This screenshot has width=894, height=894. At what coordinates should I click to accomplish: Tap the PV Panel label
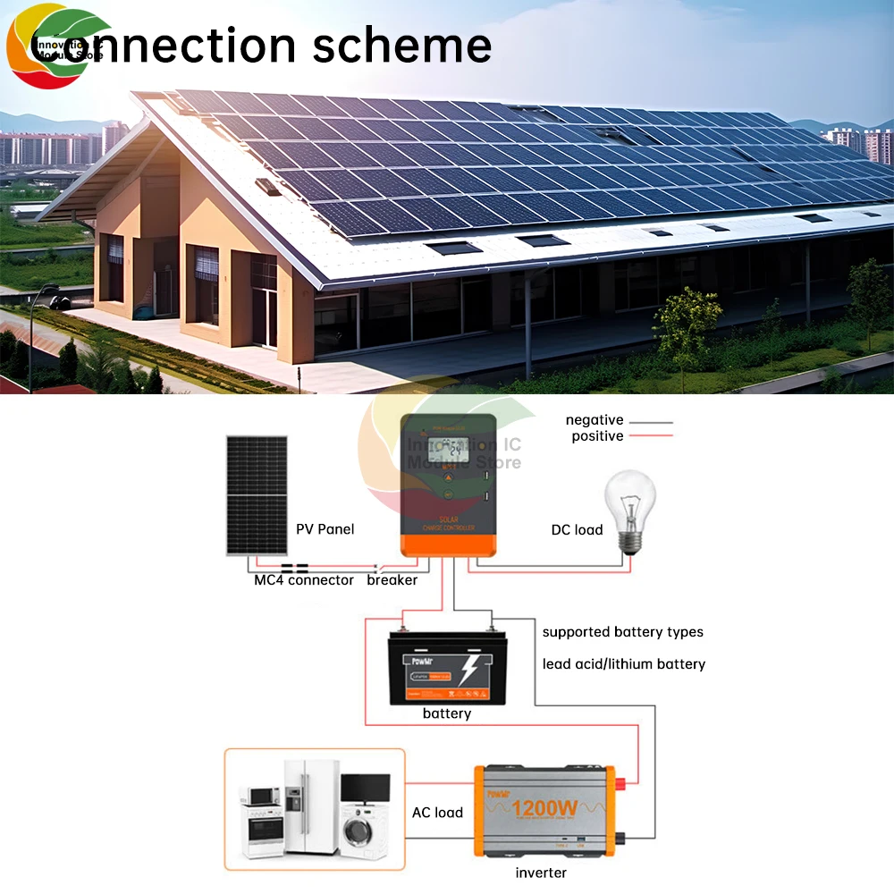[325, 529]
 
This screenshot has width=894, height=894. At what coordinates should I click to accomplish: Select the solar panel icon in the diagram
[257, 494]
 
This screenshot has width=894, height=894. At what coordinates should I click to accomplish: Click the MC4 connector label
[304, 580]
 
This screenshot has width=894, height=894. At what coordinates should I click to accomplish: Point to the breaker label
[392, 580]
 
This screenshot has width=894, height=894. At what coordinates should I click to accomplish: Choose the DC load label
[577, 530]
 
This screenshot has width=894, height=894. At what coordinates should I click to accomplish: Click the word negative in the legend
[595, 420]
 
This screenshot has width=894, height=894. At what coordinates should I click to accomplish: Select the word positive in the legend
[597, 436]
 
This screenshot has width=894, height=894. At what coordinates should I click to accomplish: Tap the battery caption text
[447, 713]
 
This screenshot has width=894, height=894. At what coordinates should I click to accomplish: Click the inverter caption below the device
[541, 873]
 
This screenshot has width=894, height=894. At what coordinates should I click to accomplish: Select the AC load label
[437, 813]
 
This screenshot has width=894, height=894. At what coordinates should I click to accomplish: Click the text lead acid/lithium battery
[624, 664]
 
